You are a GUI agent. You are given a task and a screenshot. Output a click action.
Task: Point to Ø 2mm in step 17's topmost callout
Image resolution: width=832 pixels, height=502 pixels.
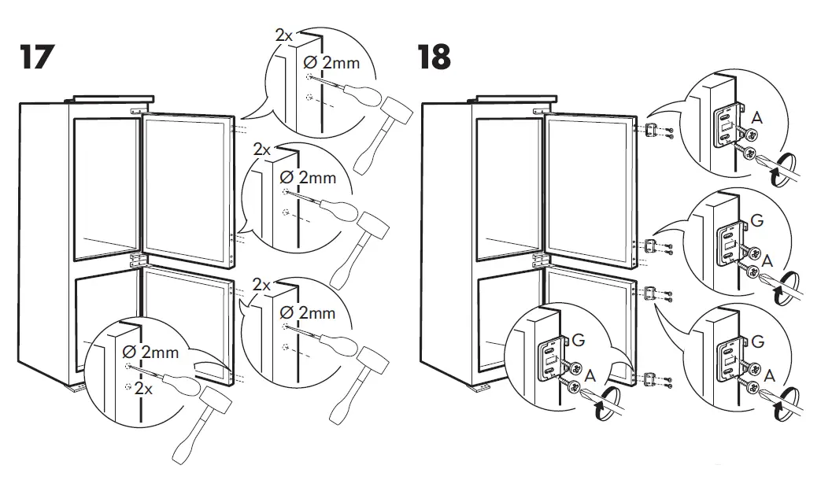click(x=331, y=61)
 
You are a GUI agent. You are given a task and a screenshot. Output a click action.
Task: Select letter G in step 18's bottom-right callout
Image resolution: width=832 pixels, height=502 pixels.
click(x=757, y=342)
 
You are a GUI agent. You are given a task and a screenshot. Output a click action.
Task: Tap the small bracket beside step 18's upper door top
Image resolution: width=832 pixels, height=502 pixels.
click(x=651, y=129)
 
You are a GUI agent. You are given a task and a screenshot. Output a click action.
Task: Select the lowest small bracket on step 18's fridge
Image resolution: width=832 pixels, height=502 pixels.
click(x=649, y=380)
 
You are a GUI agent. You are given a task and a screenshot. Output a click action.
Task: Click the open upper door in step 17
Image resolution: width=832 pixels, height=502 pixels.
click(x=187, y=186)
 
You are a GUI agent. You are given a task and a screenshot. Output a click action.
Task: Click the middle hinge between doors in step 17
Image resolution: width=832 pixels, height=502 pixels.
click(x=135, y=260)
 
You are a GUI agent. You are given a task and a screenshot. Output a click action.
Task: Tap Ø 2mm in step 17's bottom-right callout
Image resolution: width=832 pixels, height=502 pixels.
click(x=309, y=313)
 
